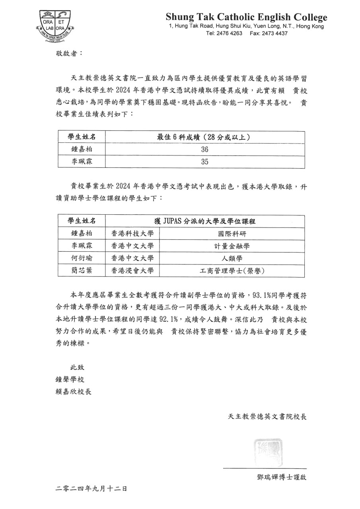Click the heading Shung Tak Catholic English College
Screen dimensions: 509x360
pyautogui.click(x=246, y=17)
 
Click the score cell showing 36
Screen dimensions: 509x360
pyautogui.click(x=205, y=150)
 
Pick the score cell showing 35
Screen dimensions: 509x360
pyautogui.click(x=205, y=162)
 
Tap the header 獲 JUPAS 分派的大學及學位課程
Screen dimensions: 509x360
pyautogui.click(x=204, y=221)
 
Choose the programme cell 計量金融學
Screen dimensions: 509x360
pyautogui.click(x=232, y=246)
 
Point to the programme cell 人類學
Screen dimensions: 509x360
pyautogui.click(x=232, y=258)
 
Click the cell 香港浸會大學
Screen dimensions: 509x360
pyautogui.click(x=132, y=271)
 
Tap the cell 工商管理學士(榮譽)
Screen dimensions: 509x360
pyautogui.click(x=232, y=271)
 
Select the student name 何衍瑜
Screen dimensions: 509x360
pyautogui.click(x=82, y=258)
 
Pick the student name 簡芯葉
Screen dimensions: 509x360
pyautogui.click(x=82, y=271)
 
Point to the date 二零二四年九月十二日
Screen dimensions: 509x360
pyautogui.click(x=91, y=489)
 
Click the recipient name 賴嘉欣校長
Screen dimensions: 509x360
pyautogui.click(x=74, y=392)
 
